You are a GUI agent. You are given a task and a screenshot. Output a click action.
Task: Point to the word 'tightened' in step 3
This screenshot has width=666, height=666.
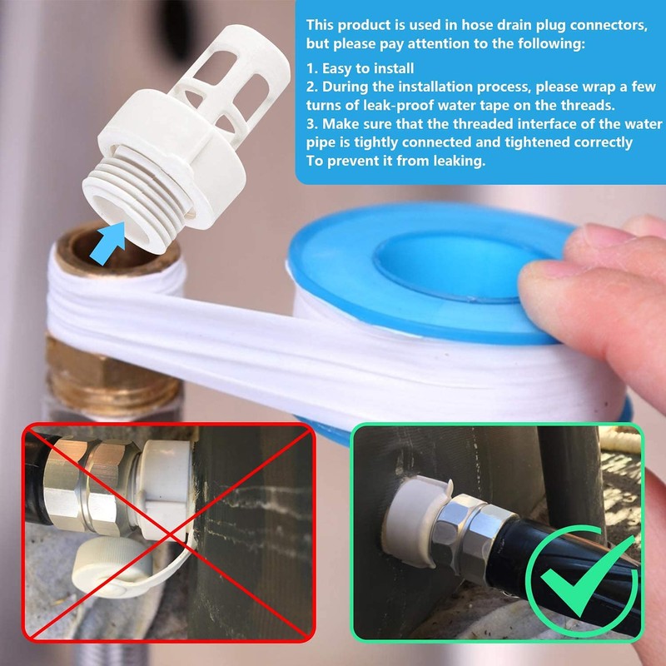[544, 142]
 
